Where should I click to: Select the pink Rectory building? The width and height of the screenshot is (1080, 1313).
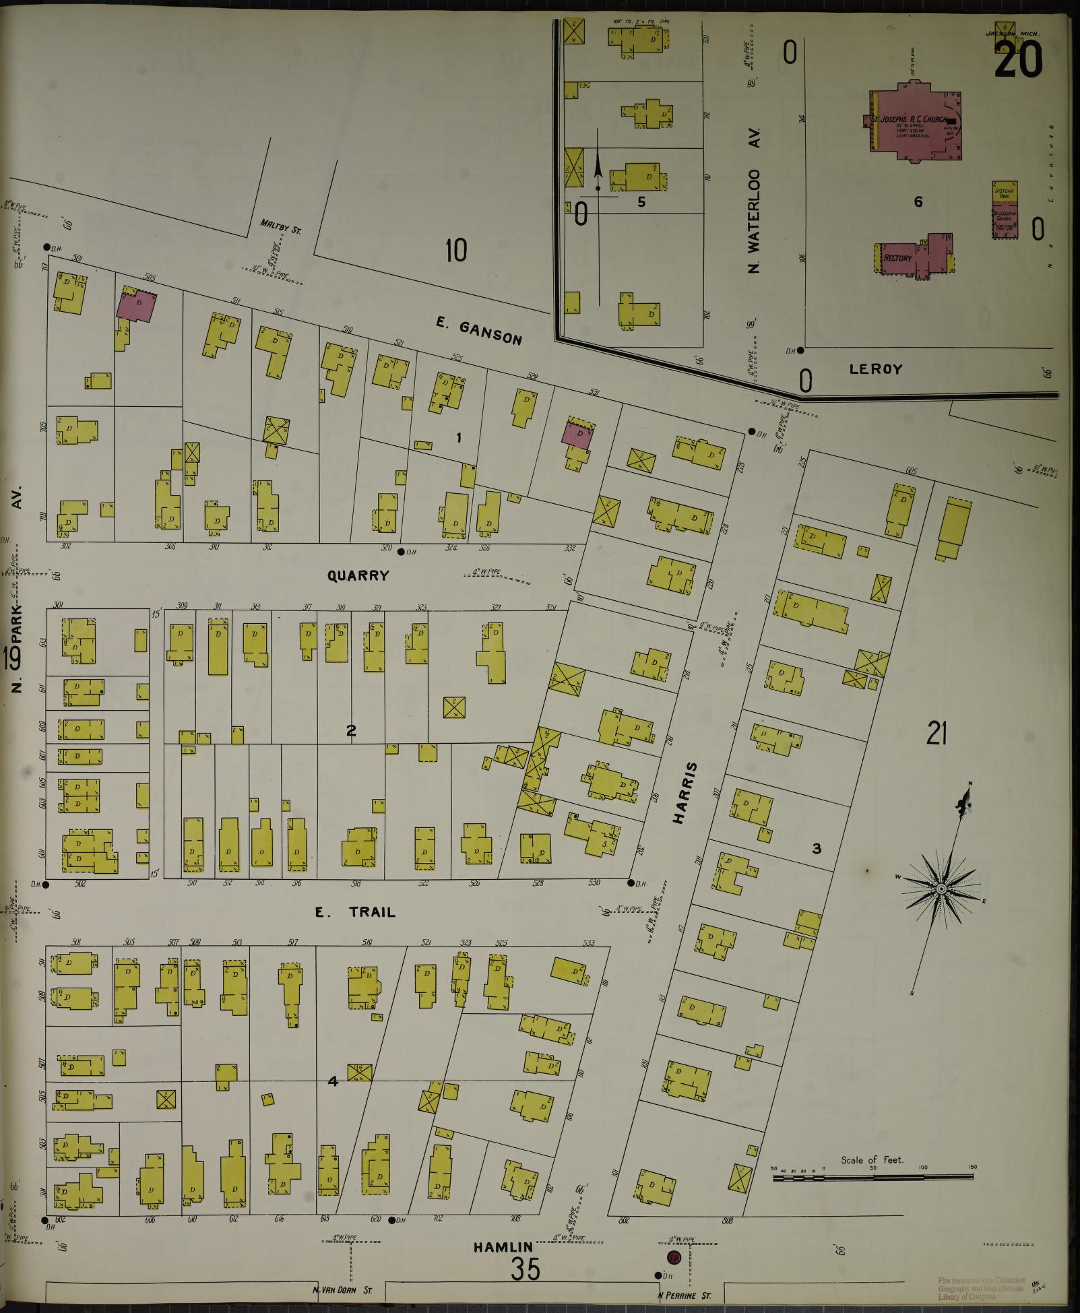899,257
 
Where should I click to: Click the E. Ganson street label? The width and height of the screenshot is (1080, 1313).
478,331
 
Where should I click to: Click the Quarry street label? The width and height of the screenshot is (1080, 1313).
358,575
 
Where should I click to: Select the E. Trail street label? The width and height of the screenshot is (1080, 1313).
355,913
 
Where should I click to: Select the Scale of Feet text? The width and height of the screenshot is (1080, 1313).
872,1160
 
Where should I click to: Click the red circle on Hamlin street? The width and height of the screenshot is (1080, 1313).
673,1257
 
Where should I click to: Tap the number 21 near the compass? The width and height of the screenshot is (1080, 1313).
936,734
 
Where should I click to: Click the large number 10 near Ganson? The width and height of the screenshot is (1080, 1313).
456,251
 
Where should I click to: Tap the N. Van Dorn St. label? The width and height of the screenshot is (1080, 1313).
342,1291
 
